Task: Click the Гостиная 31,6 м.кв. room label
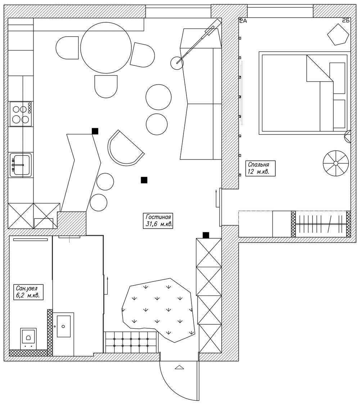[158, 220]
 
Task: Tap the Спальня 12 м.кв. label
[260, 168]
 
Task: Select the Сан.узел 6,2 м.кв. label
[28, 292]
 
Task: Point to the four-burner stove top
[21, 114]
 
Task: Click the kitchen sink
[21, 165]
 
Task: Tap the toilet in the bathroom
[28, 338]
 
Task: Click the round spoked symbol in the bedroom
[336, 163]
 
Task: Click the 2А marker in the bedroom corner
[243, 21]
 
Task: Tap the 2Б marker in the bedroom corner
[346, 21]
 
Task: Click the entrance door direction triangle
[179, 367]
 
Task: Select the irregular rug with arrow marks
[158, 310]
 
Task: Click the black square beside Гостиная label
[144, 180]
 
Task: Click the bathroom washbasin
[63, 326]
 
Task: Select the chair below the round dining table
[106, 86]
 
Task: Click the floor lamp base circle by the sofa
[177, 63]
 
